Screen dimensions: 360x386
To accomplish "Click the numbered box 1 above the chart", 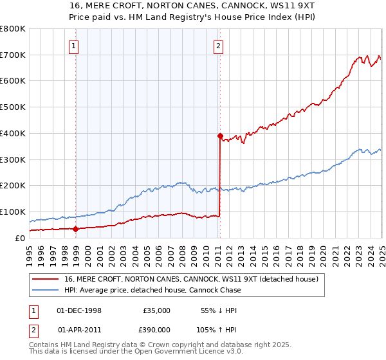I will click(x=75, y=46).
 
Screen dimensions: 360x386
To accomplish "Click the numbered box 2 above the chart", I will click(x=219, y=46).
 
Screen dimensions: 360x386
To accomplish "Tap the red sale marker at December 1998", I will click(x=75, y=228).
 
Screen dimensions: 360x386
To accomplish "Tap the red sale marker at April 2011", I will click(x=219, y=136).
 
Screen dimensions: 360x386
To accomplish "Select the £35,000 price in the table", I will click(x=156, y=310).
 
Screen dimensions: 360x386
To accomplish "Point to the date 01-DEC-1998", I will click(x=79, y=310).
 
